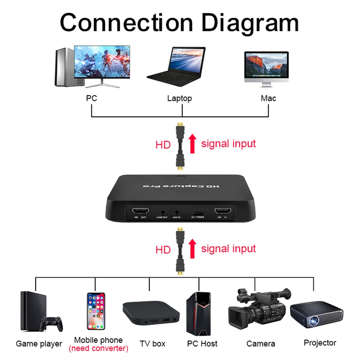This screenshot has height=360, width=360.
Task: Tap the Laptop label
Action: pos(179,98)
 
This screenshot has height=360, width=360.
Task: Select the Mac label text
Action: pos(268,98)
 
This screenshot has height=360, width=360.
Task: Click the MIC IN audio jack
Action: pos(177,212)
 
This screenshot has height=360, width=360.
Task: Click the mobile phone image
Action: pos(96,311)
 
